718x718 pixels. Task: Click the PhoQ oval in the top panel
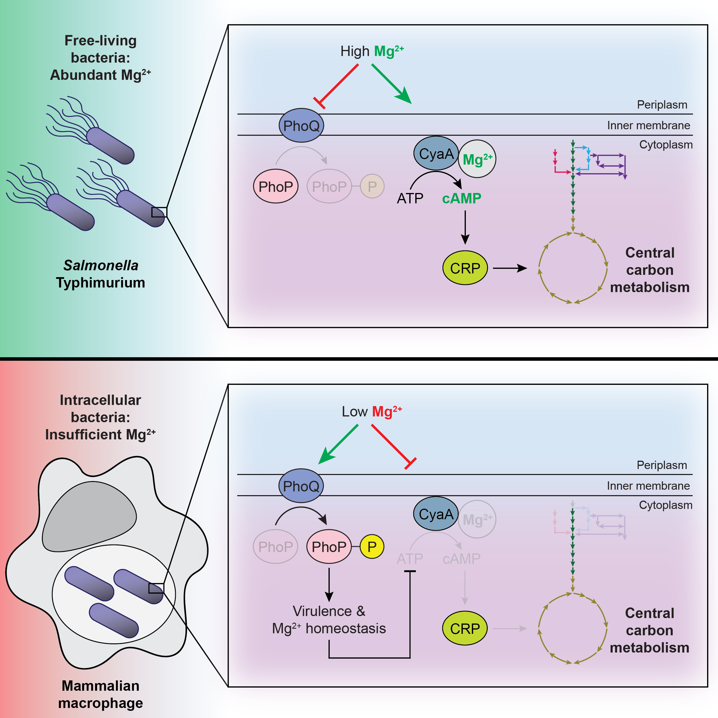301,126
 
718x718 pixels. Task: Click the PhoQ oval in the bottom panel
301,486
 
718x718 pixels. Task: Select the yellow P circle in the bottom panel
372,547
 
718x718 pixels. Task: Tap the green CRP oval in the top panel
465,268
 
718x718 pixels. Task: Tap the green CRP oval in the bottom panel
464,628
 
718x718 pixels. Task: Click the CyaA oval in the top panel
436,153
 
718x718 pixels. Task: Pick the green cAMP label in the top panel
462,198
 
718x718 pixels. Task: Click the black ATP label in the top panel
410,198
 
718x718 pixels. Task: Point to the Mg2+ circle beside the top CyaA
477,159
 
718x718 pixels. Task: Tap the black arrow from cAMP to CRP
465,227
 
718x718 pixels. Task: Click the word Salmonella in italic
101,265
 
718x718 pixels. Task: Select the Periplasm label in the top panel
662,105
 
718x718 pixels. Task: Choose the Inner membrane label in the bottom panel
648,486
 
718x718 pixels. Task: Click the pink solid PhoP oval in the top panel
276,186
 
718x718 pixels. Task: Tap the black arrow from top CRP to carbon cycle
509,268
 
